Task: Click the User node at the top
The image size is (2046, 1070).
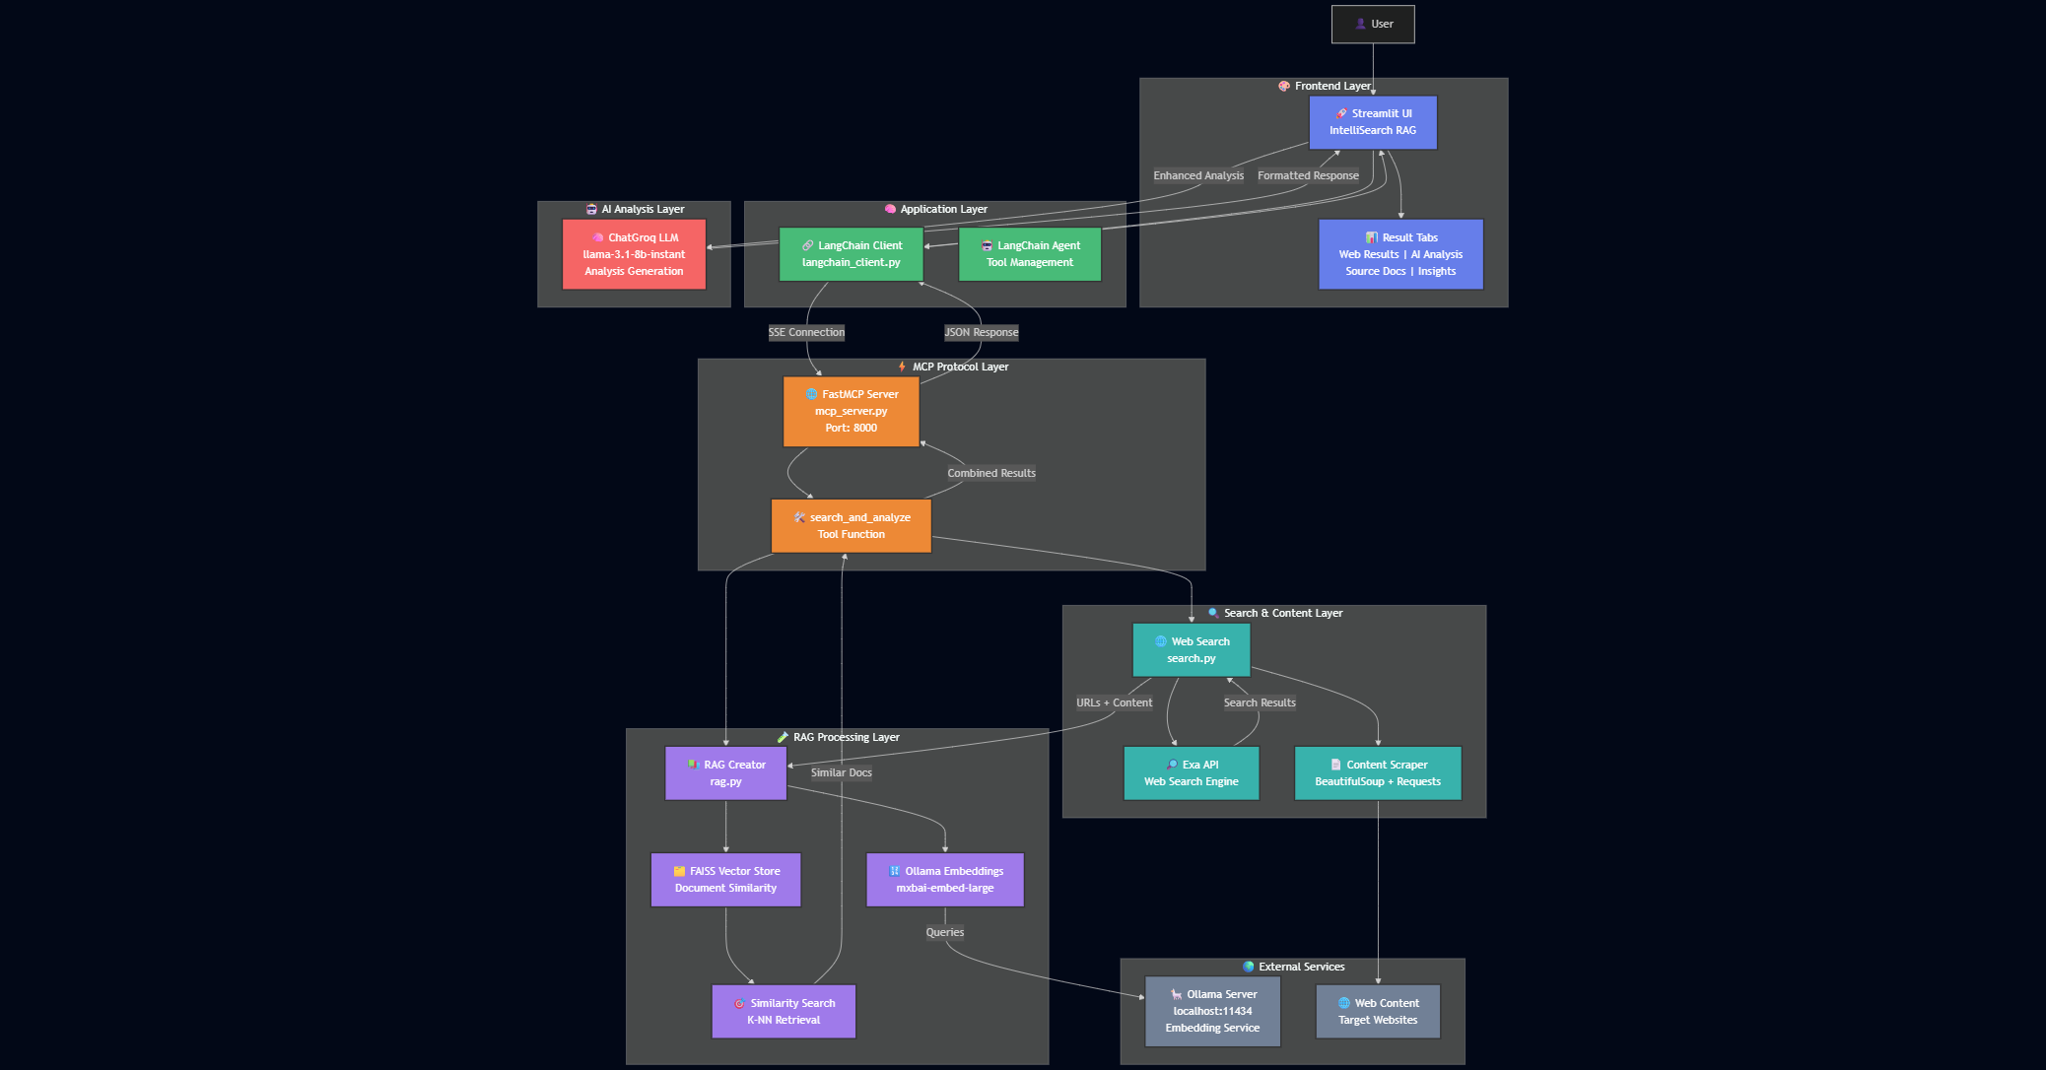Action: pyautogui.click(x=1373, y=24)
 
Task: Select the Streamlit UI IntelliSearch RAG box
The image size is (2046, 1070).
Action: pyautogui.click(x=1373, y=122)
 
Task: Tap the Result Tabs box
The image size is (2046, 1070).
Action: pyautogui.click(x=1400, y=254)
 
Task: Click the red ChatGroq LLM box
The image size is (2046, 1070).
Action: pyautogui.click(x=634, y=254)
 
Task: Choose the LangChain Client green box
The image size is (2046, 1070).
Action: pyautogui.click(x=852, y=254)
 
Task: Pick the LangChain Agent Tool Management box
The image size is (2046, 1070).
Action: pyautogui.click(x=1030, y=254)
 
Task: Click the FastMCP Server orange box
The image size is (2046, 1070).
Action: pyautogui.click(x=852, y=411)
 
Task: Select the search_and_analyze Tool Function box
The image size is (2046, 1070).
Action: pyautogui.click(x=852, y=526)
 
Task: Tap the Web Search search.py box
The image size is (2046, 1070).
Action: pyautogui.click(x=1192, y=650)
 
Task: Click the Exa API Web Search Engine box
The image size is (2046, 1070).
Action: pyautogui.click(x=1192, y=773)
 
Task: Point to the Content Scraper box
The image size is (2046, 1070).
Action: pyautogui.click(x=1378, y=773)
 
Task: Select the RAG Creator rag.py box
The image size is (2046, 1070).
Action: pyautogui.click(x=726, y=773)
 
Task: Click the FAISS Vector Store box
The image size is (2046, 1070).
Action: pyautogui.click(x=726, y=880)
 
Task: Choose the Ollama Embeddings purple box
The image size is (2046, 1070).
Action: pyautogui.click(x=945, y=880)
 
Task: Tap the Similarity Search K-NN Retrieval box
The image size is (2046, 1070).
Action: pyautogui.click(x=784, y=1012)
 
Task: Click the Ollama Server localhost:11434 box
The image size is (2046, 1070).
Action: pyautogui.click(x=1213, y=1012)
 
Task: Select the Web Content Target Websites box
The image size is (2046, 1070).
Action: pyautogui.click(x=1378, y=1012)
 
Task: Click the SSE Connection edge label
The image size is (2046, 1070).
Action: pyautogui.click(x=806, y=332)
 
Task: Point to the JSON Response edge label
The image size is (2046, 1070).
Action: pyautogui.click(x=982, y=332)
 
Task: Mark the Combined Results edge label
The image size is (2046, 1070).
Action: pyautogui.click(x=991, y=473)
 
